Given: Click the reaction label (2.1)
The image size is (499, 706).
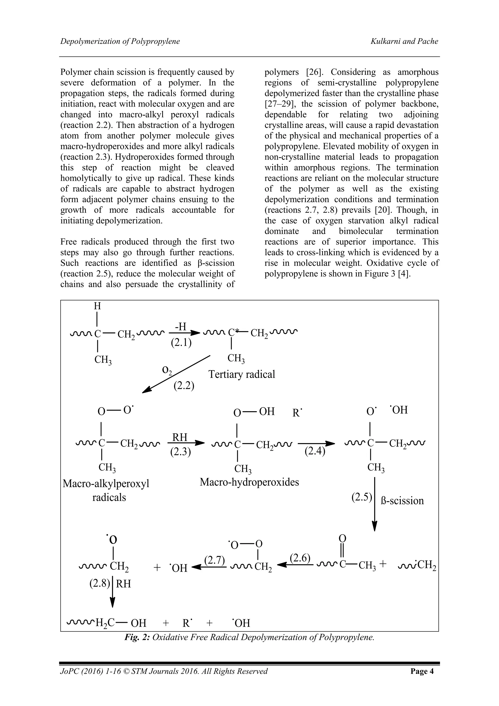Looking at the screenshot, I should pos(181,343).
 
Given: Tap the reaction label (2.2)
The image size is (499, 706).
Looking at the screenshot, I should pos(184,385).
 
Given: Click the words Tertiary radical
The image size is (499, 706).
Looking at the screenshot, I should pos(241,374).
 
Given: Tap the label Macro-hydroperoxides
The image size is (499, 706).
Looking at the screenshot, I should pos(249,482).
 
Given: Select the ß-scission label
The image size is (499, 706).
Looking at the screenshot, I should pos(402,501).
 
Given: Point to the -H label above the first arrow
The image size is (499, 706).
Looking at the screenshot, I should pos(181,327).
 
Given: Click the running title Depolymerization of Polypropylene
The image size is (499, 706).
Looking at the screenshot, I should pos(120,41).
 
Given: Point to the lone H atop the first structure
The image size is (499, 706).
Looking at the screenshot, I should pos(97,306).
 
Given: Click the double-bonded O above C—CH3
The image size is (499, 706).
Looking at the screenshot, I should pos(342,538).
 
